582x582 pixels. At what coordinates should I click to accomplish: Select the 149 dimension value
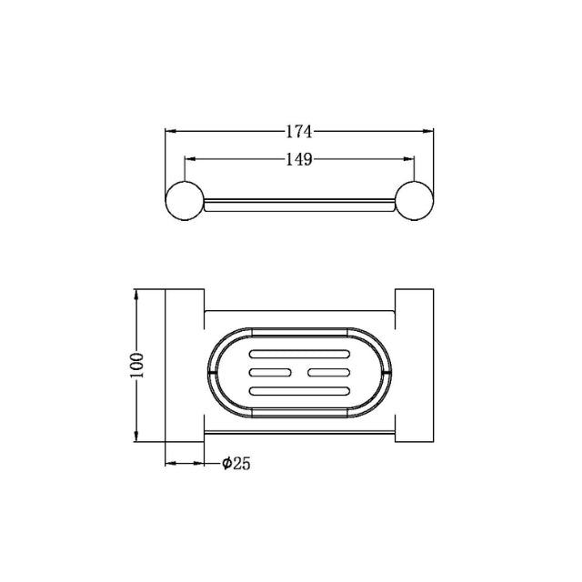coord(299,160)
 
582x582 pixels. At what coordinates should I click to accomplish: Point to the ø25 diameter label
coord(236,464)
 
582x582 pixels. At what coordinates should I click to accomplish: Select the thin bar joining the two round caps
coord(299,203)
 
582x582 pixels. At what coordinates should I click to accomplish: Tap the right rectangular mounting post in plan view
coord(414,367)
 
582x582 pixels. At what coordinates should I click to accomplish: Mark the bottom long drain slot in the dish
coord(299,390)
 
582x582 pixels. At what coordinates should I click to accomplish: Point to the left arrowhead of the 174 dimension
coord(169,131)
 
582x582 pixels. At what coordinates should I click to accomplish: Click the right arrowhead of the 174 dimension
coord(430,131)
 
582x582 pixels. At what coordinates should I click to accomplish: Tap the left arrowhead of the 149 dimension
coord(189,160)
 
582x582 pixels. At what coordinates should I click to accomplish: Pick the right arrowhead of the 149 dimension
coord(410,160)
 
